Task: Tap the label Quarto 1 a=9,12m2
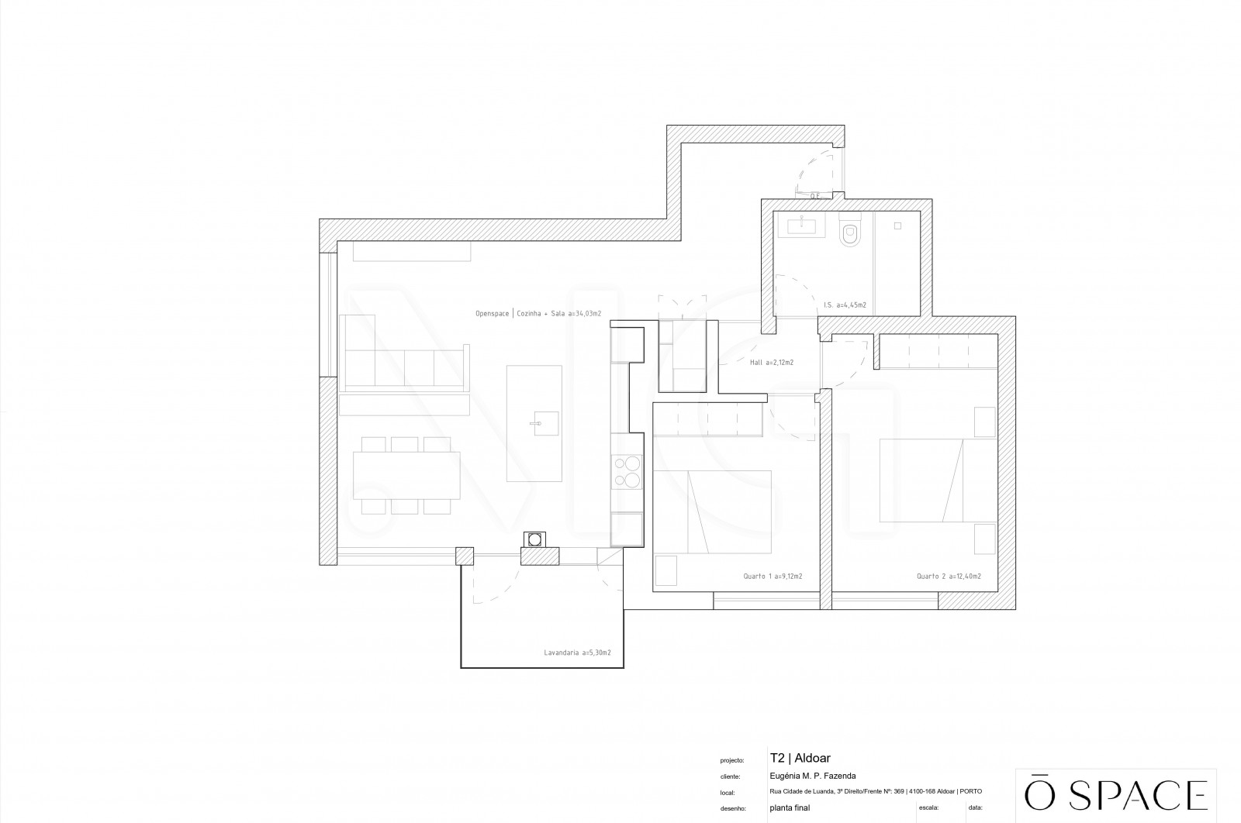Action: tap(773, 577)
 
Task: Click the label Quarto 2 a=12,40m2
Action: tap(949, 577)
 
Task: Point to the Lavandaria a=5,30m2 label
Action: tap(577, 653)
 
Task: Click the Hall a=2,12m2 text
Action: tap(772, 362)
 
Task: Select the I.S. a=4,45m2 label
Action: tap(845, 305)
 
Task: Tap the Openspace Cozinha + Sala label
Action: tap(538, 314)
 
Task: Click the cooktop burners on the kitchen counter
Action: tap(627, 472)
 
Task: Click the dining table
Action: tap(406, 475)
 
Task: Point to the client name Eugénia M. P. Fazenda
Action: tap(813, 777)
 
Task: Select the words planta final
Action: tap(790, 808)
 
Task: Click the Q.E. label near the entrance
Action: tap(815, 196)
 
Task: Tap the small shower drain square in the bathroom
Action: tap(897, 226)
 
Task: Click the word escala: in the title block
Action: tap(928, 808)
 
